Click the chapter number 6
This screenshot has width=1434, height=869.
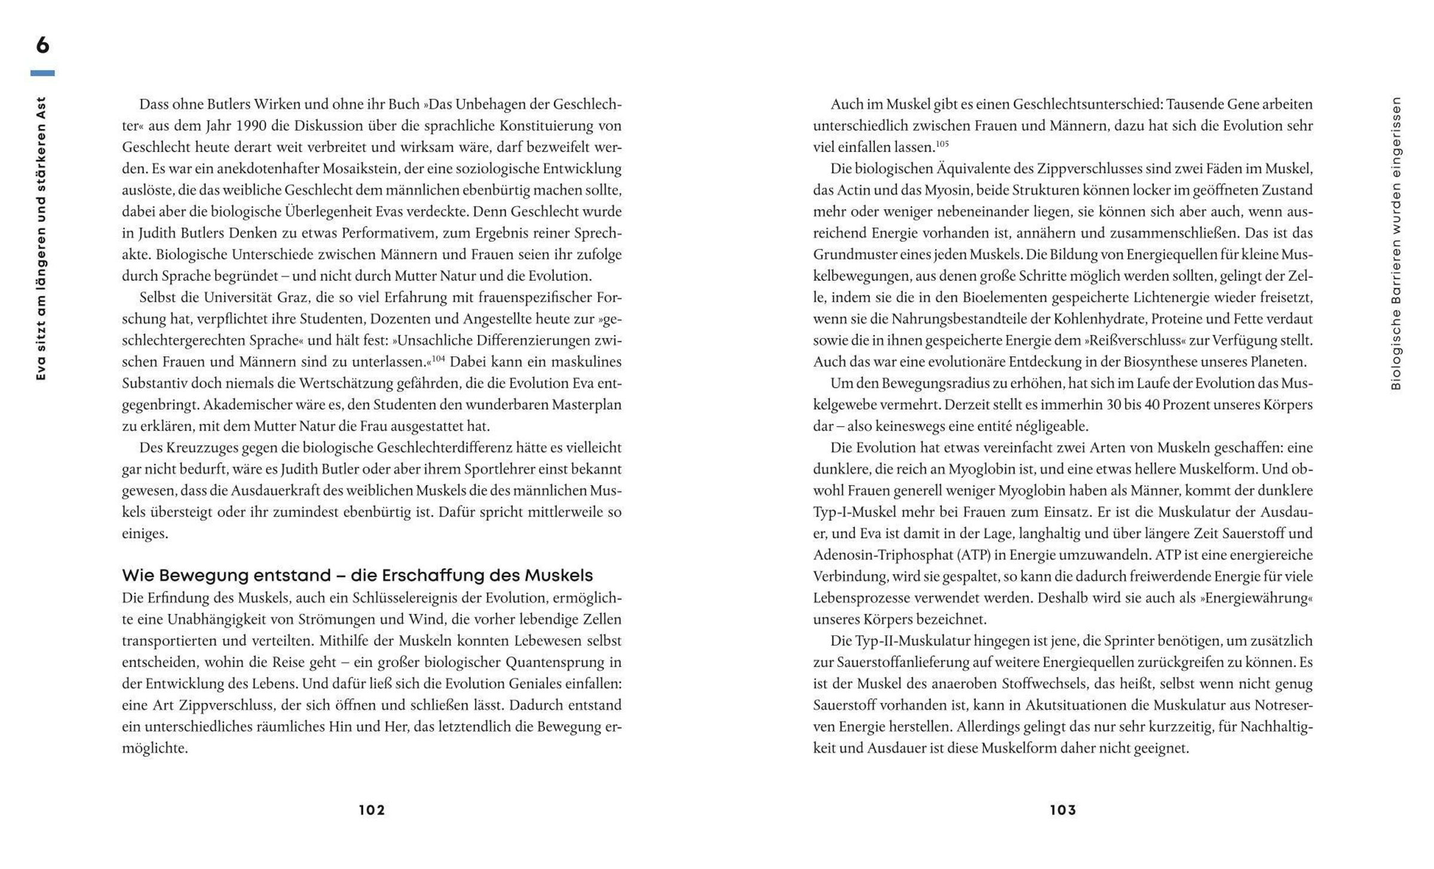click(42, 45)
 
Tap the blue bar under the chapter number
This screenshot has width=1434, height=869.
click(42, 73)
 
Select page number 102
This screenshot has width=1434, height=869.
click(372, 810)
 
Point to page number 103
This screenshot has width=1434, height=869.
click(1063, 810)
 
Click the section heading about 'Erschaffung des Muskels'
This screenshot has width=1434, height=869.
click(357, 575)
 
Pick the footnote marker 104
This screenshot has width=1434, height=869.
click(439, 358)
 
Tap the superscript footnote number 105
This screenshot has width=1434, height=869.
click(942, 144)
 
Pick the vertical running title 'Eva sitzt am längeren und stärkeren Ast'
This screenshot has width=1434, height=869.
click(41, 239)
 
